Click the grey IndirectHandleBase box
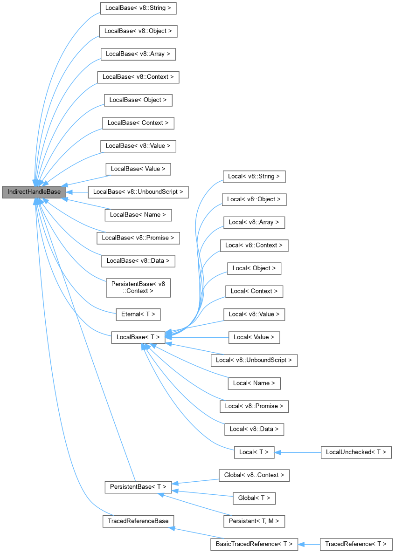[x=31, y=191]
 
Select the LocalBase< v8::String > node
[x=139, y=8]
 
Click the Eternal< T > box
[x=138, y=314]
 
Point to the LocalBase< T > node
[x=138, y=337]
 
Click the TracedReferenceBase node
[x=138, y=520]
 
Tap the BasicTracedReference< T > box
[x=254, y=544]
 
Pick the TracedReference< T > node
[x=356, y=544]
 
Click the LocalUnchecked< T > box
[x=356, y=452]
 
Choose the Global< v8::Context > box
[x=254, y=475]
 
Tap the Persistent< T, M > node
[x=254, y=520]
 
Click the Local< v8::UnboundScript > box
[x=254, y=360]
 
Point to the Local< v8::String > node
[x=254, y=177]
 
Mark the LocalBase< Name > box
[x=139, y=215]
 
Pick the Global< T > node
[x=254, y=498]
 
